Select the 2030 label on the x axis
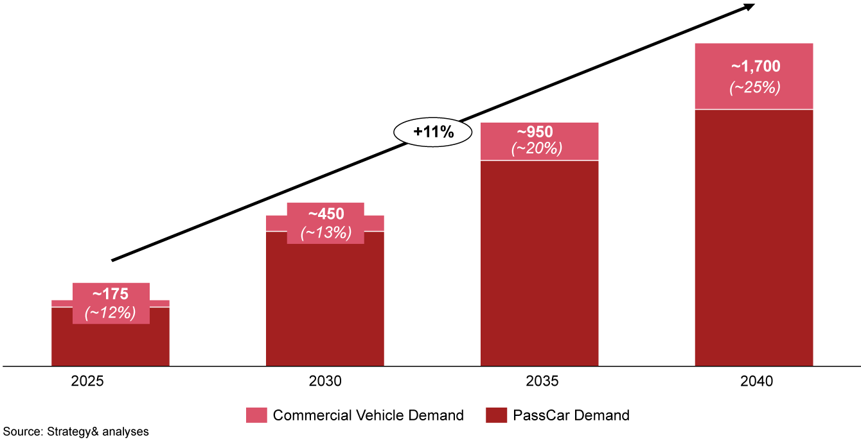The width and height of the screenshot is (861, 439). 324,381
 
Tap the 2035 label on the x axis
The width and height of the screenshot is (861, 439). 540,381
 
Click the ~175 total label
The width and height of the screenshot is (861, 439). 111,295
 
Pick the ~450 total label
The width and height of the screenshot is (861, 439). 326,214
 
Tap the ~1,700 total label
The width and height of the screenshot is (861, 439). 755,66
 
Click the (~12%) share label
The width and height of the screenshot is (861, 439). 111,313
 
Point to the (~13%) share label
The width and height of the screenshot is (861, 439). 326,232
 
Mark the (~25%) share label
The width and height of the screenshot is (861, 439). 755,88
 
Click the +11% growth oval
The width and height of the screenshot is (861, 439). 433,133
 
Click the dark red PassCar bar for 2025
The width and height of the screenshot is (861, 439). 111,343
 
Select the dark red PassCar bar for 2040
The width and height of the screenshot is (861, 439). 754,237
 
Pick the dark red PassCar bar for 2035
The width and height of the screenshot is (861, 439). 540,263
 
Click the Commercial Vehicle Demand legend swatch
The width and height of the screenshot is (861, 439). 256,415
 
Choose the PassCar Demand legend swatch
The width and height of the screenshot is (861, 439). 496,415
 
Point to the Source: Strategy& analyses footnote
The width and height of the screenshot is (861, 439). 76,432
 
